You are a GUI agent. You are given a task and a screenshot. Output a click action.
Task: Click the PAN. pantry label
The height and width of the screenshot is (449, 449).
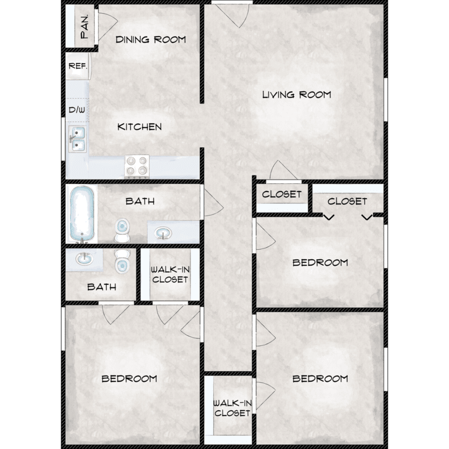tap(84, 26)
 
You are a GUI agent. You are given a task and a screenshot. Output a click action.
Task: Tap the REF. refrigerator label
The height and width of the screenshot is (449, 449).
tap(78, 66)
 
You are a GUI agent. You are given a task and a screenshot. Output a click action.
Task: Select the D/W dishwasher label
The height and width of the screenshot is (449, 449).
tap(77, 110)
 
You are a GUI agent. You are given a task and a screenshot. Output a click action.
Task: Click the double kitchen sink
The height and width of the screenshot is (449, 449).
tap(78, 139)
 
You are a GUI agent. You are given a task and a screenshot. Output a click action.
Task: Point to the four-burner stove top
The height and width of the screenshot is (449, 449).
tap(137, 166)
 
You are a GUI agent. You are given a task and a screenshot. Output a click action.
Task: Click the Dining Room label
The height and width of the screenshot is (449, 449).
tap(151, 40)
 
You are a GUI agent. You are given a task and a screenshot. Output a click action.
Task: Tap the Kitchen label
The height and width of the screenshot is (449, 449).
tap(139, 127)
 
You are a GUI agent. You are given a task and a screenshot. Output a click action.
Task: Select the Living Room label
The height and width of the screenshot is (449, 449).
tap(297, 95)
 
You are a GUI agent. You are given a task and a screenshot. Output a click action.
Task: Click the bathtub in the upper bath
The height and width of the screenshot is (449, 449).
tap(82, 214)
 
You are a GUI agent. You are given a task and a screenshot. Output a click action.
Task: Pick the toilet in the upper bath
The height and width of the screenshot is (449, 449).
tap(122, 230)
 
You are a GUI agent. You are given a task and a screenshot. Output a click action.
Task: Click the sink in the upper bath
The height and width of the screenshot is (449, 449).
tap(163, 233)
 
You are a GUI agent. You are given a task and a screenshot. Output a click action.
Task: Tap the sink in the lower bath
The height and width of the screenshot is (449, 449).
tap(84, 259)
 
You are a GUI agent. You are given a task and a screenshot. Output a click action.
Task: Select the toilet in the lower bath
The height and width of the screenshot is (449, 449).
tap(122, 261)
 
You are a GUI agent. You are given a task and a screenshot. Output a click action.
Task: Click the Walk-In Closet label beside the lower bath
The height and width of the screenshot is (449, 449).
tap(170, 275)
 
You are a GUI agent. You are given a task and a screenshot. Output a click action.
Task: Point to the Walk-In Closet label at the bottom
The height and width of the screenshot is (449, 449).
tap(232, 408)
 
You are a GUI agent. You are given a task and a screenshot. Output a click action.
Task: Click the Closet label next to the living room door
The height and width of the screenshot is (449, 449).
tap(282, 195)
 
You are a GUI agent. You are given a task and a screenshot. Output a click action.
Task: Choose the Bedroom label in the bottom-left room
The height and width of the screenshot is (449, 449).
tap(129, 379)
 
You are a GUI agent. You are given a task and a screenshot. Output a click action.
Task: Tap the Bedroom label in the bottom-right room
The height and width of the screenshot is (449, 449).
tap(320, 379)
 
